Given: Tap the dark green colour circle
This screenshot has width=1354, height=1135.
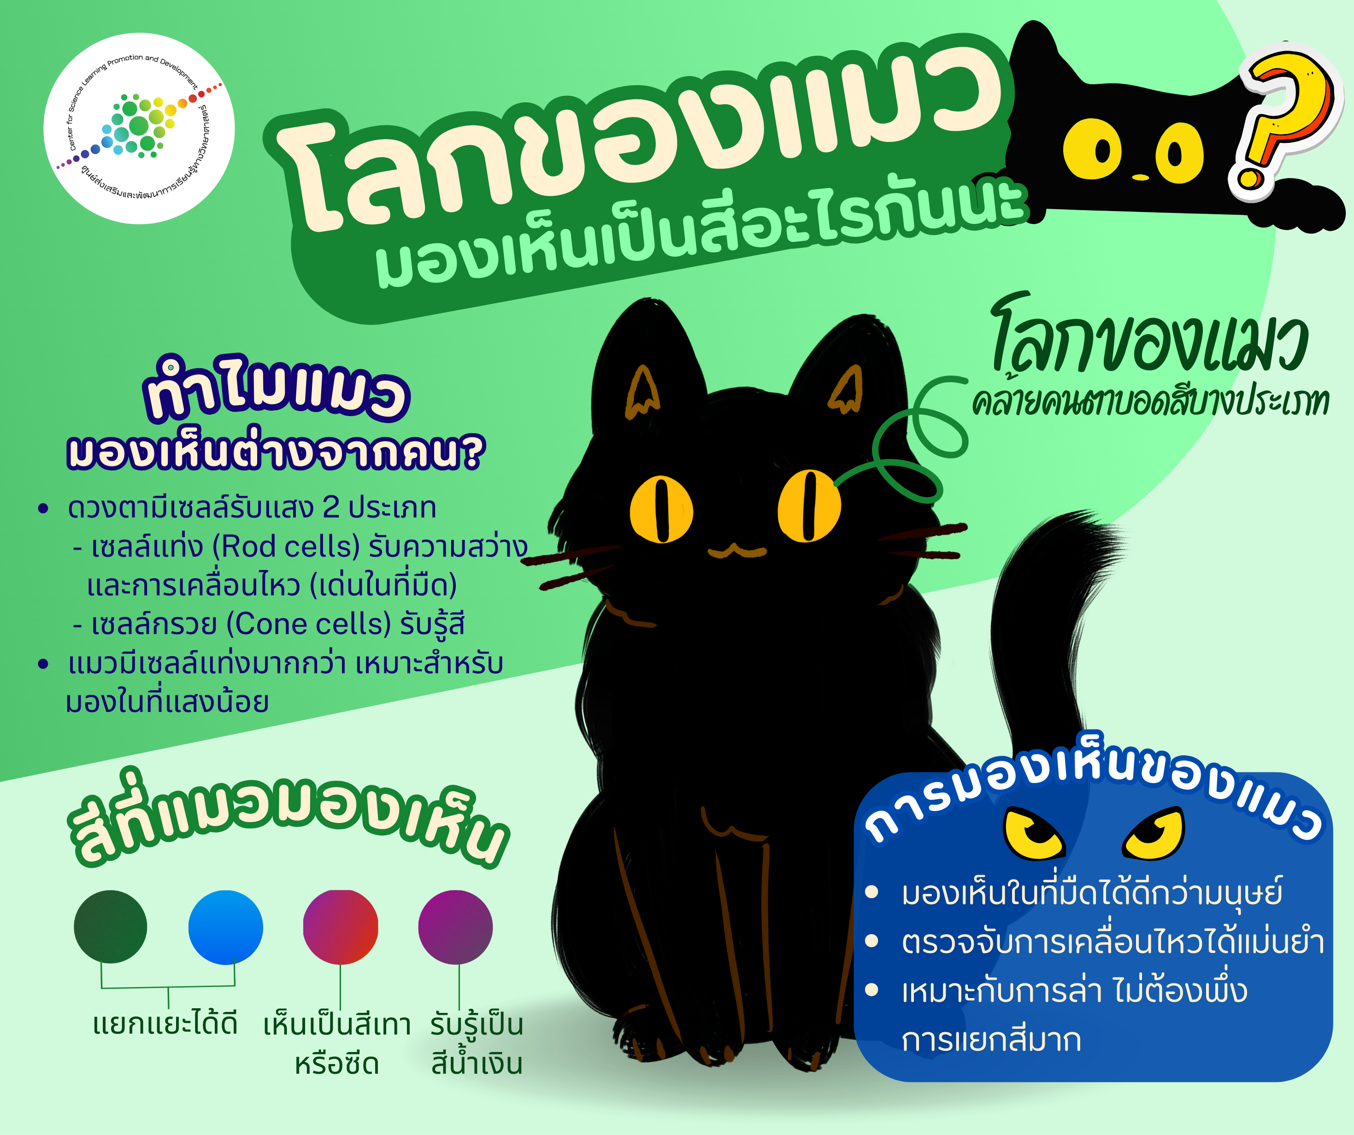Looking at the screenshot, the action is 110,927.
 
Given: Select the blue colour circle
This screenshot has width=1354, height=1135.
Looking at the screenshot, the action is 226,927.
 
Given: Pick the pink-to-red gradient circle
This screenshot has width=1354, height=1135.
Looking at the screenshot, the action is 341,927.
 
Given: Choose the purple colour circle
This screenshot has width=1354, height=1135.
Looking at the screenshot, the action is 455,927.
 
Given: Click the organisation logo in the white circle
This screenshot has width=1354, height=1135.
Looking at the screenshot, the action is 139,128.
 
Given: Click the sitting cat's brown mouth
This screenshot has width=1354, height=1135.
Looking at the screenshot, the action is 737,552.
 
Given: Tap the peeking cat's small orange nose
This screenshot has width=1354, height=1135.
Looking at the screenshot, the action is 1140,176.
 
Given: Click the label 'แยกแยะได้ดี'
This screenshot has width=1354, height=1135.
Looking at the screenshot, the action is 166,1024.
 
